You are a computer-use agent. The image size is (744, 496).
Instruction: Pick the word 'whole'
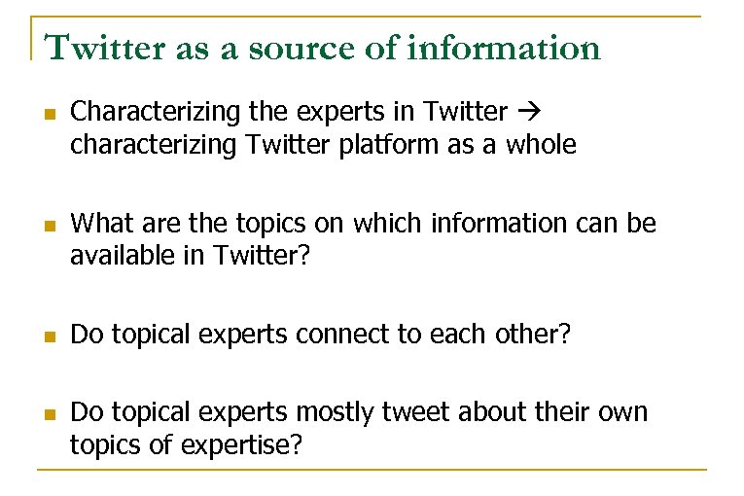[x=543, y=146]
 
